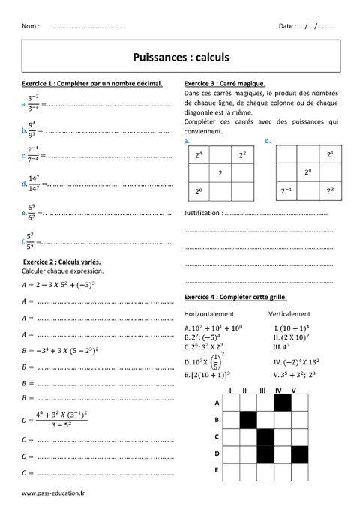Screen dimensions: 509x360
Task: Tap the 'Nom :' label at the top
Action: coord(31,26)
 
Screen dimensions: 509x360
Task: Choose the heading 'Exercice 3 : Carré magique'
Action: coord(225,83)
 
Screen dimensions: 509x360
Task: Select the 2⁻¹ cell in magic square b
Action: coord(287,191)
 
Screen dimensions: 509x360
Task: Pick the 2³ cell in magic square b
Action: coord(330,191)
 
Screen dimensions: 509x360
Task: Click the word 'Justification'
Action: coord(202,213)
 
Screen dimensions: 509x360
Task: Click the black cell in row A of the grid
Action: coord(282,403)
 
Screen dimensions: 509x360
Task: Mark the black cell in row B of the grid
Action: coord(248,420)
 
